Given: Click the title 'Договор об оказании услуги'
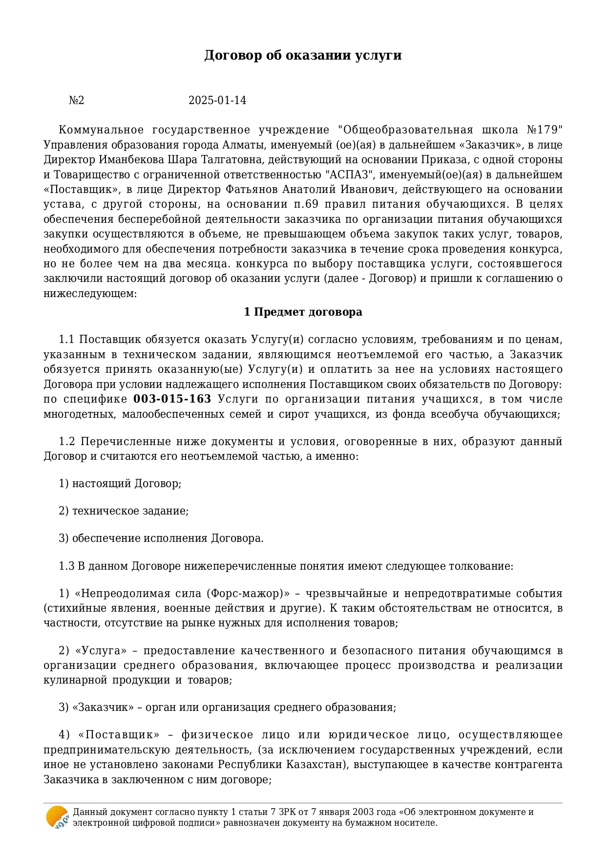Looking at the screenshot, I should click(303, 55).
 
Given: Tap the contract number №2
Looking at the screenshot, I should click(76, 101).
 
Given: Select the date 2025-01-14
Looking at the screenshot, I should click(217, 101).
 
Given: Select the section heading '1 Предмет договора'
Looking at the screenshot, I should click(303, 312).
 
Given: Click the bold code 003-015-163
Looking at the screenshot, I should click(172, 399).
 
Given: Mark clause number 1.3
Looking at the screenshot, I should click(66, 566).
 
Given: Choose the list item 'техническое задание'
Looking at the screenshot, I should click(130, 511).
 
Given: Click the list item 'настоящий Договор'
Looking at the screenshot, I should click(126, 484).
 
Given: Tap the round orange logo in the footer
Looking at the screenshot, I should click(57, 817).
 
